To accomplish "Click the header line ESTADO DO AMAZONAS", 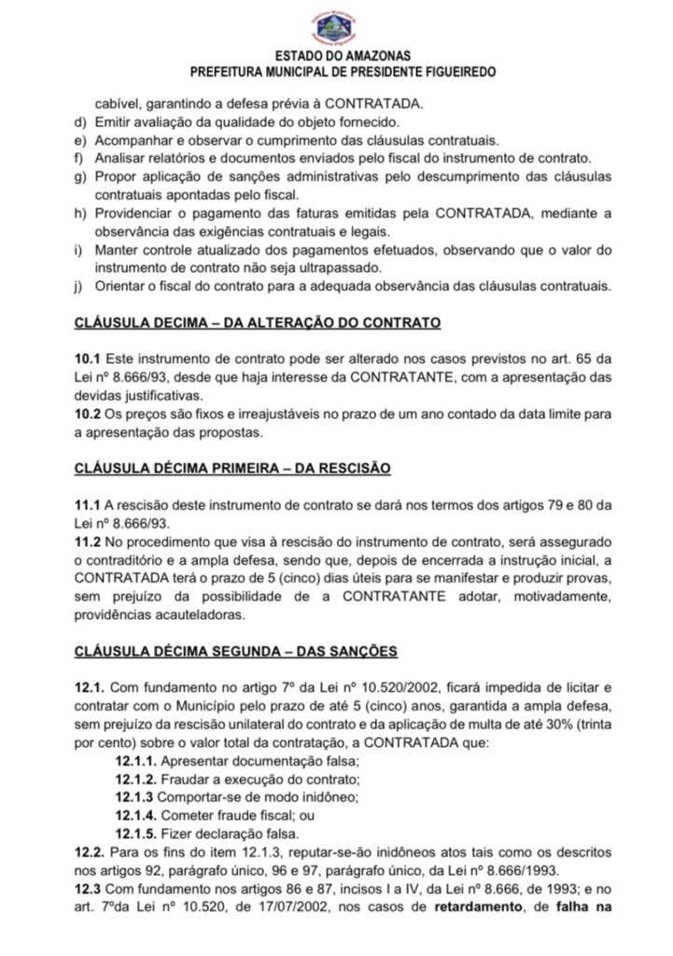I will point(336,57).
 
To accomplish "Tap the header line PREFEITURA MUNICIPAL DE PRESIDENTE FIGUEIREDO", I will point(336,72).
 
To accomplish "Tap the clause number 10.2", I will point(89,415).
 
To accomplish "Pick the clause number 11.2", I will point(89,541).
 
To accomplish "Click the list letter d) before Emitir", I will point(80,123).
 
